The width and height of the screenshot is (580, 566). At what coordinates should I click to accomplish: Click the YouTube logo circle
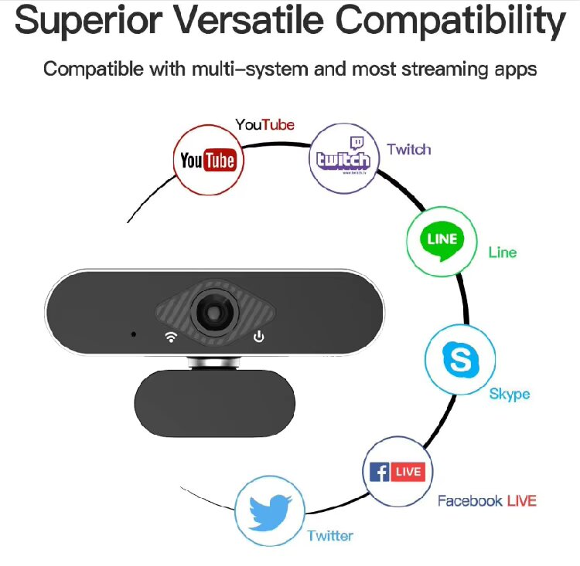tap(207, 160)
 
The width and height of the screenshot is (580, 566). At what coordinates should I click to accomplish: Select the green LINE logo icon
tap(442, 241)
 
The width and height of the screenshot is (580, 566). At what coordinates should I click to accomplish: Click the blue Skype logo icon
tap(459, 358)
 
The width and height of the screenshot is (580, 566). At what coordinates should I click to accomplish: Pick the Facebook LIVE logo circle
tap(397, 471)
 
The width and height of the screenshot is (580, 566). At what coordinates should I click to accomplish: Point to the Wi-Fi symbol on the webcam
tap(170, 336)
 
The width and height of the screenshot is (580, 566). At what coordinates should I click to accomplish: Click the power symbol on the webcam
tap(259, 336)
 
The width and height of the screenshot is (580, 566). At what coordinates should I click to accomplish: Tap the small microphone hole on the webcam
tap(134, 334)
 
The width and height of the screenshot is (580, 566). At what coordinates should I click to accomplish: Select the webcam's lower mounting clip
tap(216, 402)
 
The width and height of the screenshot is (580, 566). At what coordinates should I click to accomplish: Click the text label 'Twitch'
tap(408, 149)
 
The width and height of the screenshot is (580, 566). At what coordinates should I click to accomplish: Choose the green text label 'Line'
tap(502, 252)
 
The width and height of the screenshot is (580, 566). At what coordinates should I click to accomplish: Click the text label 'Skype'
tap(510, 394)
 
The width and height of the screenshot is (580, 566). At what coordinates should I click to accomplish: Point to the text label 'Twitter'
tap(330, 535)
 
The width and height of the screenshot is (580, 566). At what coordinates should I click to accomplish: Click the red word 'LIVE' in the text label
tap(522, 500)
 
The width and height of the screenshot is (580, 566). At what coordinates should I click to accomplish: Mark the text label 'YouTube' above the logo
tap(264, 124)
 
